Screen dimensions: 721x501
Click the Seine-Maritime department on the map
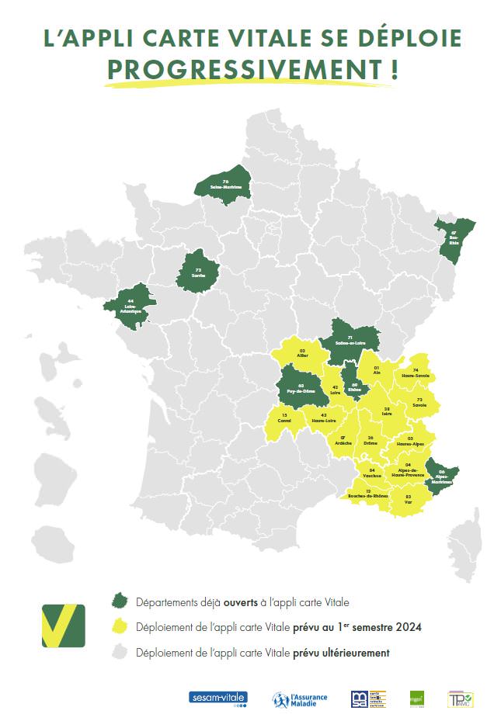(225, 185)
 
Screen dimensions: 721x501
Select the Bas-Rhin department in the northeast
(453, 238)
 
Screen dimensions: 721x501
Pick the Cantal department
(284, 420)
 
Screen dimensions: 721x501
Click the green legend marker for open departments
(120, 601)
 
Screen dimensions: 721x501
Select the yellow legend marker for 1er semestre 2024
(120, 626)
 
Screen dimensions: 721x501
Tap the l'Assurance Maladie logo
(300, 698)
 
